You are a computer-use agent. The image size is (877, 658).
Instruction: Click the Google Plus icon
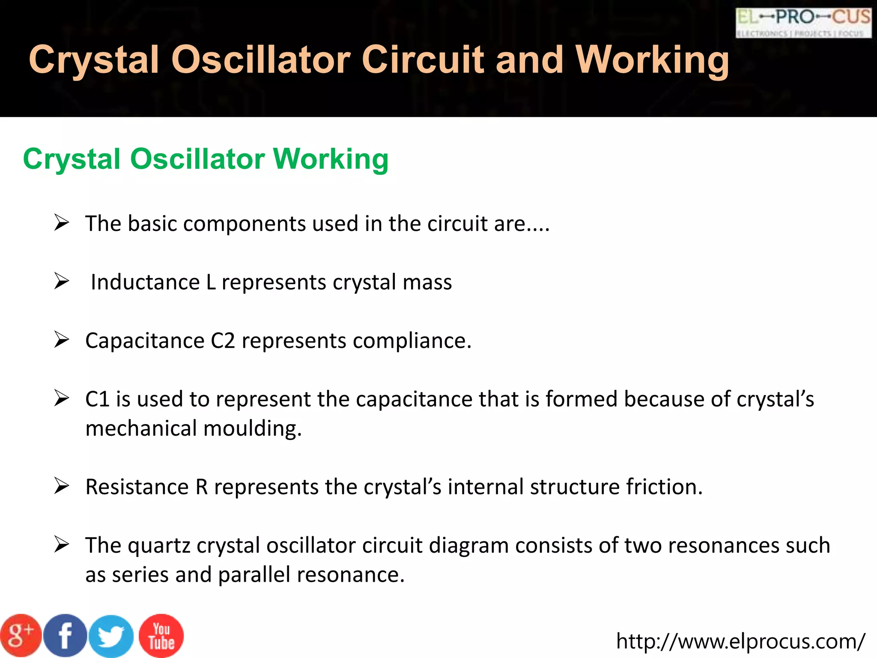21,636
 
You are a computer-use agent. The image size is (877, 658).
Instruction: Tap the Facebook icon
66,636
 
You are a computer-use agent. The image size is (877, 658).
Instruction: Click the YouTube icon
161,636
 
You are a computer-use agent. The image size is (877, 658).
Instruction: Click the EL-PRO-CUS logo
803,22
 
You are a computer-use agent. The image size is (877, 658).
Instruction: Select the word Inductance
145,283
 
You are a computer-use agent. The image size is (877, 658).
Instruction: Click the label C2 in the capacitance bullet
223,341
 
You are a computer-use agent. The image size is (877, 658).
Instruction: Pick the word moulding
253,428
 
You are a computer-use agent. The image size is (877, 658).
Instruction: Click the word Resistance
137,487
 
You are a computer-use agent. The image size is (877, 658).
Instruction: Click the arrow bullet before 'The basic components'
62,223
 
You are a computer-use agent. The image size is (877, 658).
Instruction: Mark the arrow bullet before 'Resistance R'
62,486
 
